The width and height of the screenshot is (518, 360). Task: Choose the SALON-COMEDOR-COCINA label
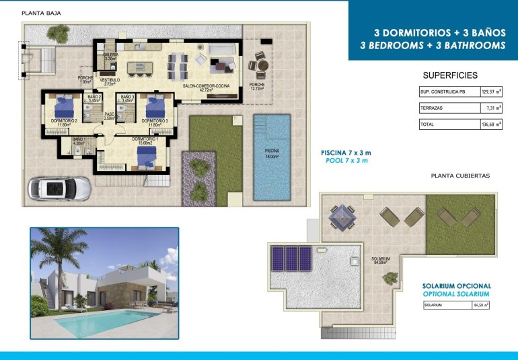pos(207,86)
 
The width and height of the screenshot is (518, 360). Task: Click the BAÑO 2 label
pos(94,98)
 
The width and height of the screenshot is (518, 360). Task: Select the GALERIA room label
pos(111,56)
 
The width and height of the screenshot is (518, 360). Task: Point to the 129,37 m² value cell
pos(491,92)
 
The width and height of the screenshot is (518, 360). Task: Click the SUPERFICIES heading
pos(450,75)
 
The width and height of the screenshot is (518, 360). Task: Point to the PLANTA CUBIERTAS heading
pos(460,176)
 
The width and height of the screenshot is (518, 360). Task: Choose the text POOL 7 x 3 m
pos(346,161)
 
